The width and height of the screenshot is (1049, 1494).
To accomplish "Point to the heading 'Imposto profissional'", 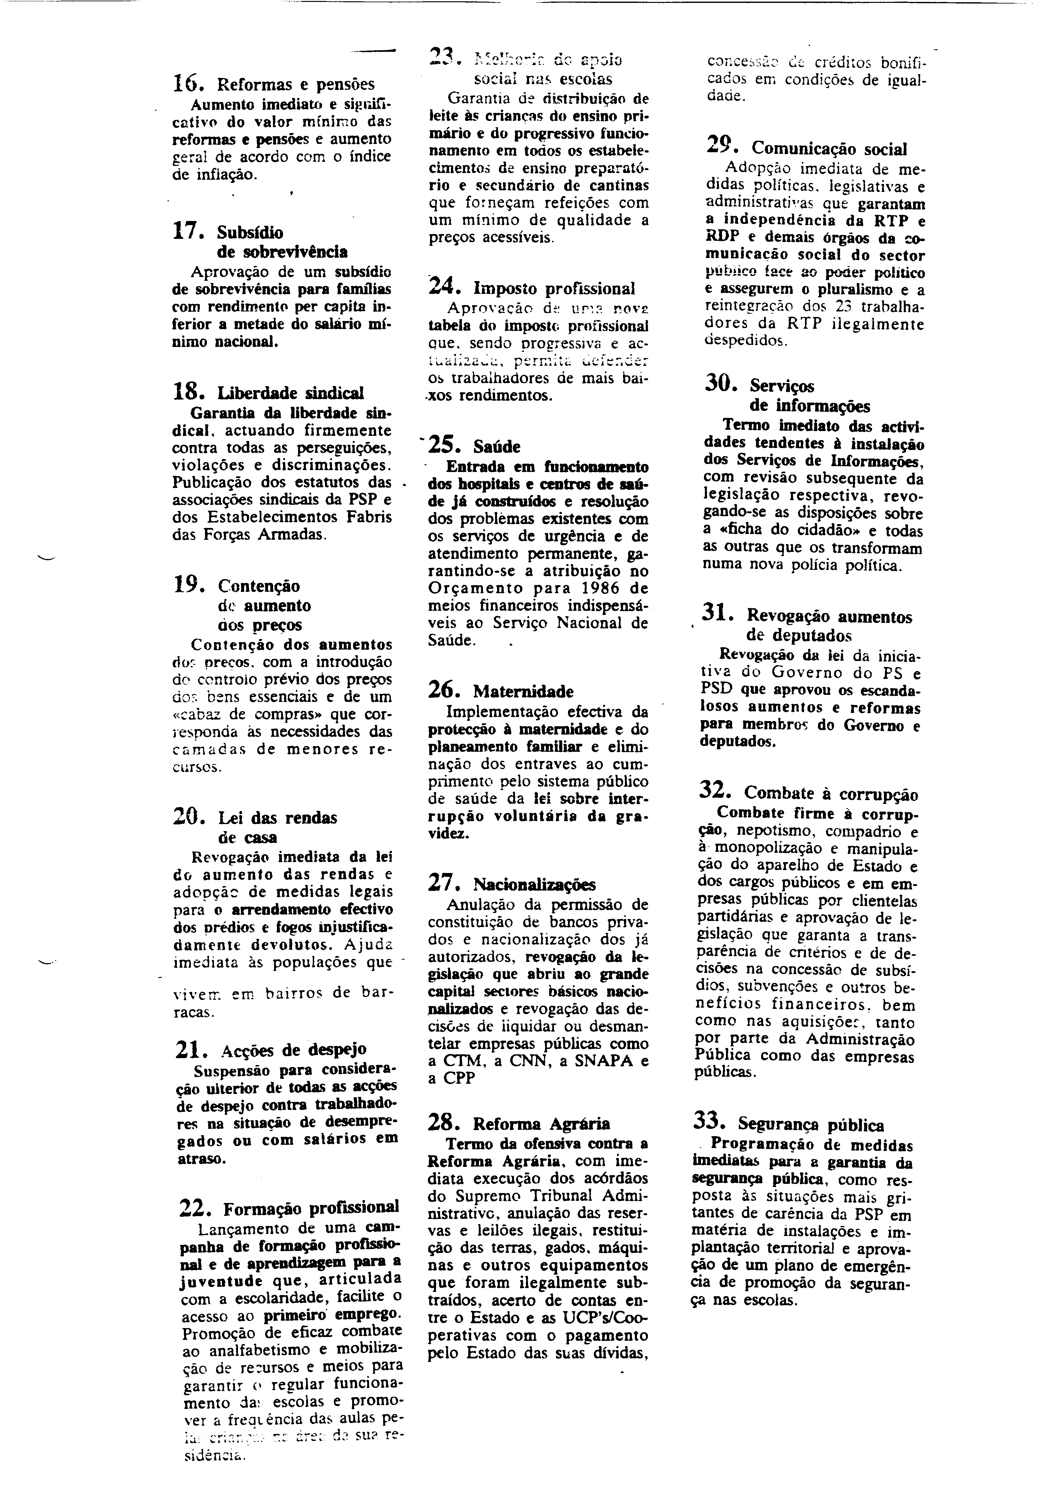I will point(554,288).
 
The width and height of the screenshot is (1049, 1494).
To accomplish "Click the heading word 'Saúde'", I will point(497,447).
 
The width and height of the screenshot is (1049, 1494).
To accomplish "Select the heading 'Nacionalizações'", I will point(534,884).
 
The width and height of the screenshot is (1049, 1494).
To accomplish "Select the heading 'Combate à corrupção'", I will point(831,794).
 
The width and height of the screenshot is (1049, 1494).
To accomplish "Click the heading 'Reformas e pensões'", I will point(296,85).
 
